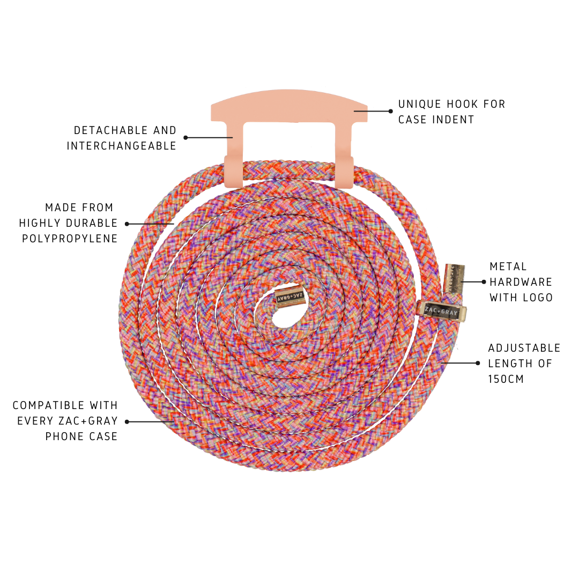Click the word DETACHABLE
(108, 130)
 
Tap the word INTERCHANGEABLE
(122, 146)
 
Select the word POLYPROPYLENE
(70, 239)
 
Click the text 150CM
(506, 379)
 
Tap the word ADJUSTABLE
(524, 348)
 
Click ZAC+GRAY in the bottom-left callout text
(88, 421)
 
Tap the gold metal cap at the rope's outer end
(454, 279)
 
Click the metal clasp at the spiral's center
(290, 295)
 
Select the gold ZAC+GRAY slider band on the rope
(442, 311)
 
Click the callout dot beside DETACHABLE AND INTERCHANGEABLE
(185, 138)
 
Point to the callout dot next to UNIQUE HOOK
(391, 111)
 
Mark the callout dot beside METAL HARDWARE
(484, 282)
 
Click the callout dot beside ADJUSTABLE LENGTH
(478, 363)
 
